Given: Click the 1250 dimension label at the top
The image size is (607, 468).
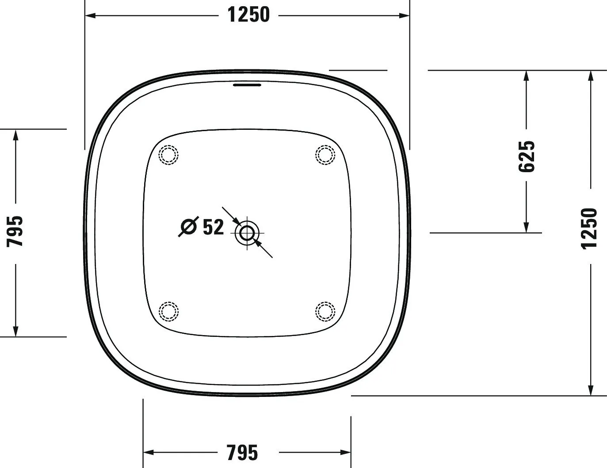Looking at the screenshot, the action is pyautogui.click(x=248, y=15).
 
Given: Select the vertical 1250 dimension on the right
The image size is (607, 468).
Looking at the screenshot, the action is pyautogui.click(x=589, y=228).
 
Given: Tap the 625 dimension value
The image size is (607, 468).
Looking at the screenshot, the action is pyautogui.click(x=526, y=156).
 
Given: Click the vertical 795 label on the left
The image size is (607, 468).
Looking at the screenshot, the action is pyautogui.click(x=15, y=231).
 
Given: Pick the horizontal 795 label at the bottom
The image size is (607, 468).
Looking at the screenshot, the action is pyautogui.click(x=242, y=453).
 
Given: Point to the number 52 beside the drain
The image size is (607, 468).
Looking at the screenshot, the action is pyautogui.click(x=213, y=227).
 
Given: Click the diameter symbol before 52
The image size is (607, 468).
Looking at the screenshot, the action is pyautogui.click(x=189, y=226).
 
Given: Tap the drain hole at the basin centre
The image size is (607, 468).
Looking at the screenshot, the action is pyautogui.click(x=247, y=233).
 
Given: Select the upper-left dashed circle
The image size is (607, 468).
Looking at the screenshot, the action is pyautogui.click(x=168, y=155).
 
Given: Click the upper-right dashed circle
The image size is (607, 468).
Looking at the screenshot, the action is pyautogui.click(x=325, y=155).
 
